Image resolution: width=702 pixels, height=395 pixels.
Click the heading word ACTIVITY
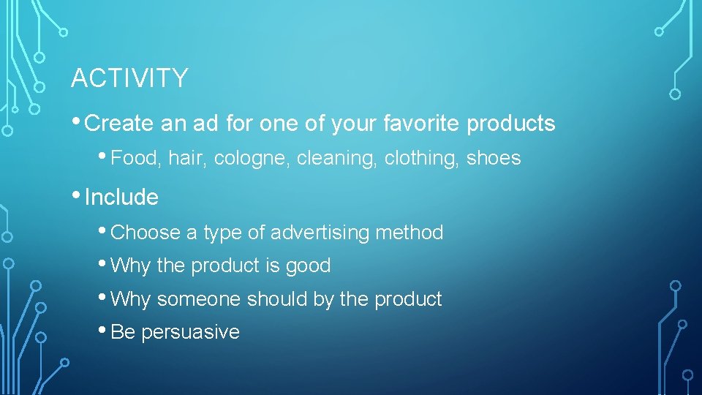[129, 78]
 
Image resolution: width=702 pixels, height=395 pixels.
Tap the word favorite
[422, 124]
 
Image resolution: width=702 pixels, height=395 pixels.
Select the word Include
[121, 197]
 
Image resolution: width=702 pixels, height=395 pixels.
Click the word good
[308, 266]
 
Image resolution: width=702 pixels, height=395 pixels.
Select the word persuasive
[190, 333]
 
